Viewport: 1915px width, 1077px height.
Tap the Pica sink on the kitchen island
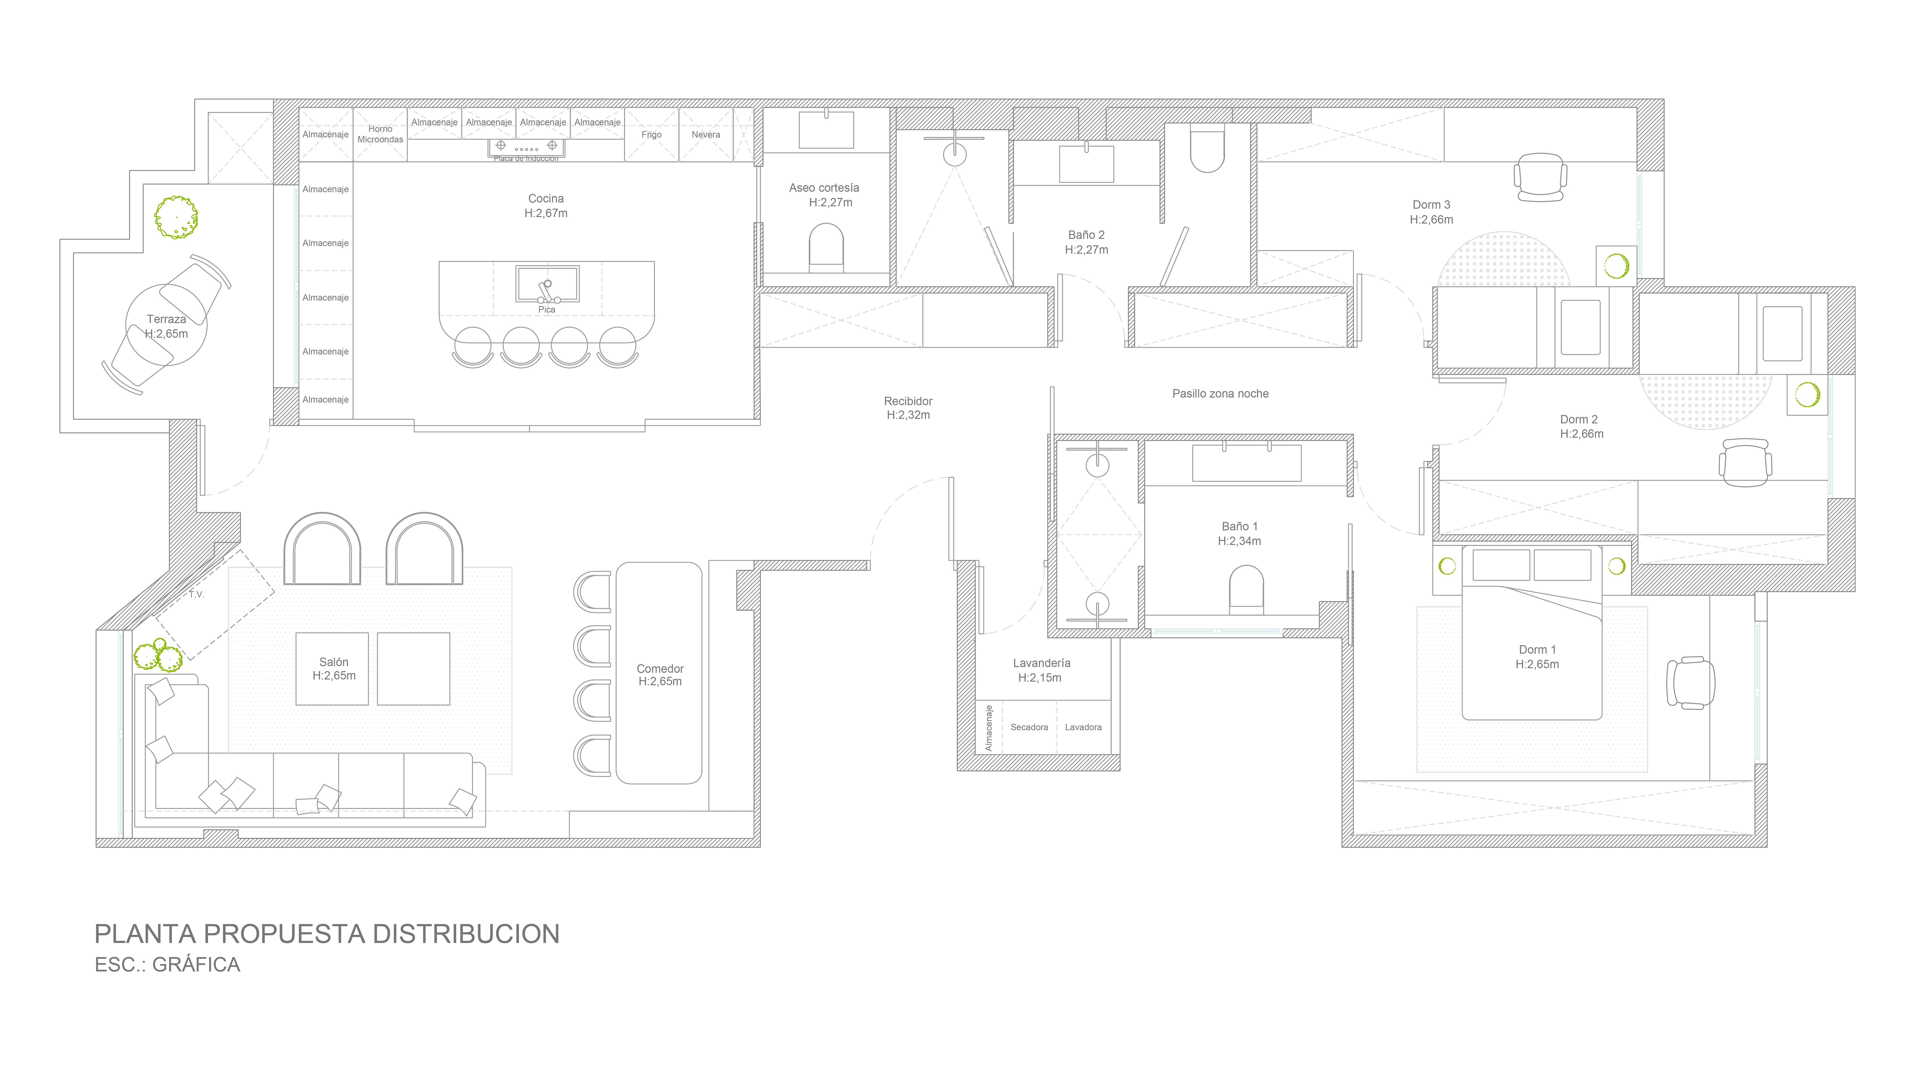click(x=547, y=284)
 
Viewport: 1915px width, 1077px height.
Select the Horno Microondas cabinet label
click(x=380, y=134)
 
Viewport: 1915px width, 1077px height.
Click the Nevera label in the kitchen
click(x=705, y=135)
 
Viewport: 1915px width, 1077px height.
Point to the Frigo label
click(x=651, y=135)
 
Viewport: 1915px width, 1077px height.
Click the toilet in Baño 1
click(x=1247, y=589)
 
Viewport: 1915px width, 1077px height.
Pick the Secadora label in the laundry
click(x=1029, y=727)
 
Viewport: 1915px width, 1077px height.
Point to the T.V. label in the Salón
click(x=196, y=595)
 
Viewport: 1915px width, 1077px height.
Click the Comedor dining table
click(x=659, y=673)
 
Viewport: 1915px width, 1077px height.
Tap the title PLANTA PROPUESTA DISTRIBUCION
click(x=327, y=934)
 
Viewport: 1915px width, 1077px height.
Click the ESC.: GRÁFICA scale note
click(x=167, y=965)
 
